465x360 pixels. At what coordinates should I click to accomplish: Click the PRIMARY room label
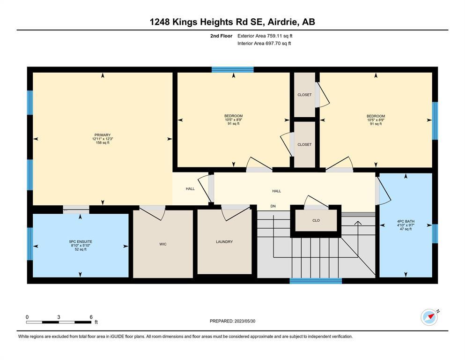103,135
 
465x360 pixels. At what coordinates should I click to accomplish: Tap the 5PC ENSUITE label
81,242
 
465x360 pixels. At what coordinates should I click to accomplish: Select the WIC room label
163,244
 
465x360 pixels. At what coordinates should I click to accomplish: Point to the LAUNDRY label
224,242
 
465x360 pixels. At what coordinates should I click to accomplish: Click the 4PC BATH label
406,221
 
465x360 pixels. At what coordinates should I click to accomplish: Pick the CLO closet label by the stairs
316,220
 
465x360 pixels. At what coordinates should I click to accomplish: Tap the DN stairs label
273,206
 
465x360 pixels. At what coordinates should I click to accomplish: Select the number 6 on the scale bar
91,317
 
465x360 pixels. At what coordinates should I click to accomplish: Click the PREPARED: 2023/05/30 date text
232,321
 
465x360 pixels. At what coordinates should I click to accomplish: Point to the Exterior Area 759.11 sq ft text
265,36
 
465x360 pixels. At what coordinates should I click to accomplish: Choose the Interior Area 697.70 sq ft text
264,43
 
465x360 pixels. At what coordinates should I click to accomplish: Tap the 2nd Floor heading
221,36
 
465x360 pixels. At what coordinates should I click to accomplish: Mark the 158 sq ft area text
103,143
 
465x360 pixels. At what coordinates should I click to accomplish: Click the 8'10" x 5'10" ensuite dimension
81,246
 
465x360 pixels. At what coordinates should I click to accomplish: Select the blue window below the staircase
316,281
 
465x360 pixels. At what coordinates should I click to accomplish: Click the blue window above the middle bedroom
232,70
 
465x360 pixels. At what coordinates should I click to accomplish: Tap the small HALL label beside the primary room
191,189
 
